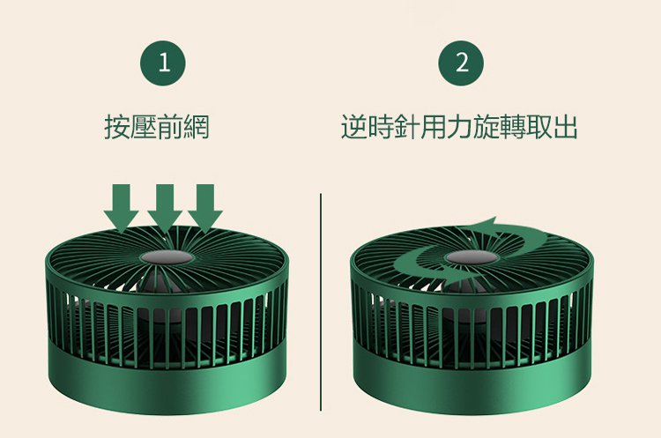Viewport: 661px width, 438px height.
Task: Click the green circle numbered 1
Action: point(163,63)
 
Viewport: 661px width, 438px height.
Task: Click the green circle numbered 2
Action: point(461,63)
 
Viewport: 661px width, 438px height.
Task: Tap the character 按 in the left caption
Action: point(117,127)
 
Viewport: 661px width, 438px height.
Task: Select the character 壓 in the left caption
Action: point(144,127)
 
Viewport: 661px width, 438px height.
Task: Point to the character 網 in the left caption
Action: point(196,127)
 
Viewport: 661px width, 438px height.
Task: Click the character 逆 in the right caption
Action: point(354,127)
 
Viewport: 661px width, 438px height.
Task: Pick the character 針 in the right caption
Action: point(407,127)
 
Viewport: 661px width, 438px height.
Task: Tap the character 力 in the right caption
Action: point(459,127)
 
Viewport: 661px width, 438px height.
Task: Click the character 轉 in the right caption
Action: point(512,127)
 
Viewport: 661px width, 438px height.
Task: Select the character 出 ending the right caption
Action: point(565,127)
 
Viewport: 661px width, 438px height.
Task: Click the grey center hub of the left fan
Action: point(167,257)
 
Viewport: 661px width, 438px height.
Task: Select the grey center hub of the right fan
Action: point(472,257)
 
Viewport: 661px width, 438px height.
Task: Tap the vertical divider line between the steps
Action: point(321,301)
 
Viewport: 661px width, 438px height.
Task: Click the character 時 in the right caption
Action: point(380,127)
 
